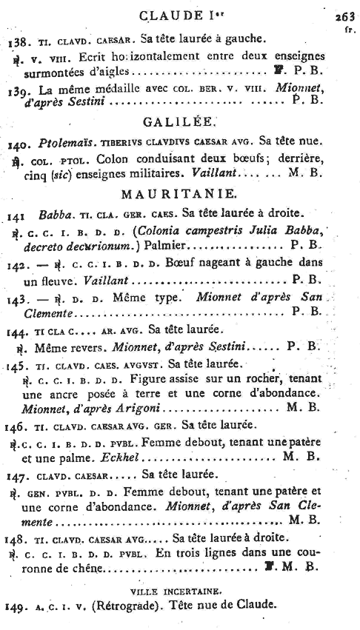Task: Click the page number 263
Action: [x=344, y=16]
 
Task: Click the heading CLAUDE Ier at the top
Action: [x=179, y=15]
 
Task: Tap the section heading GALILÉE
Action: [x=179, y=122]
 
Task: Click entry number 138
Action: [x=16, y=40]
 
